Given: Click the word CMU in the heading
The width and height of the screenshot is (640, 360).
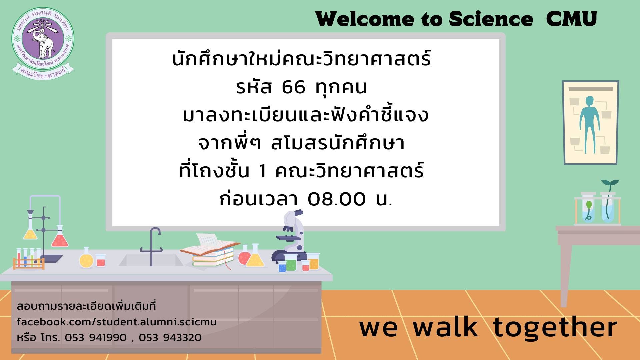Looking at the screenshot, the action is pos(571,19).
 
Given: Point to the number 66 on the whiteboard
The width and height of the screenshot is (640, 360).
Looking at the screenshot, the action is pos(293,87).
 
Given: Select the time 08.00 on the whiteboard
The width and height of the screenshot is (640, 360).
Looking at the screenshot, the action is pos(336,199).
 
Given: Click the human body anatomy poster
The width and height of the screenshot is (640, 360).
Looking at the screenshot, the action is pos(590,122).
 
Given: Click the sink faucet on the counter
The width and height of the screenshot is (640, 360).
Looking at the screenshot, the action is pos(151,247).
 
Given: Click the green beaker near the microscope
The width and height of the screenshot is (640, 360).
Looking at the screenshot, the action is pos(290,262).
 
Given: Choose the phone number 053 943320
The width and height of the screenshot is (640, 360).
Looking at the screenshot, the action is pos(170,338).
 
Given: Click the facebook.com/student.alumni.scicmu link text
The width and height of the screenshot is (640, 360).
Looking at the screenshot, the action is pos(117,322).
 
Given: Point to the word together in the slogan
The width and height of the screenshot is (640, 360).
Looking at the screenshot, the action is pos(555,328).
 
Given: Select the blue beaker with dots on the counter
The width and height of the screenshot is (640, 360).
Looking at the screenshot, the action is pos(282,267).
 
